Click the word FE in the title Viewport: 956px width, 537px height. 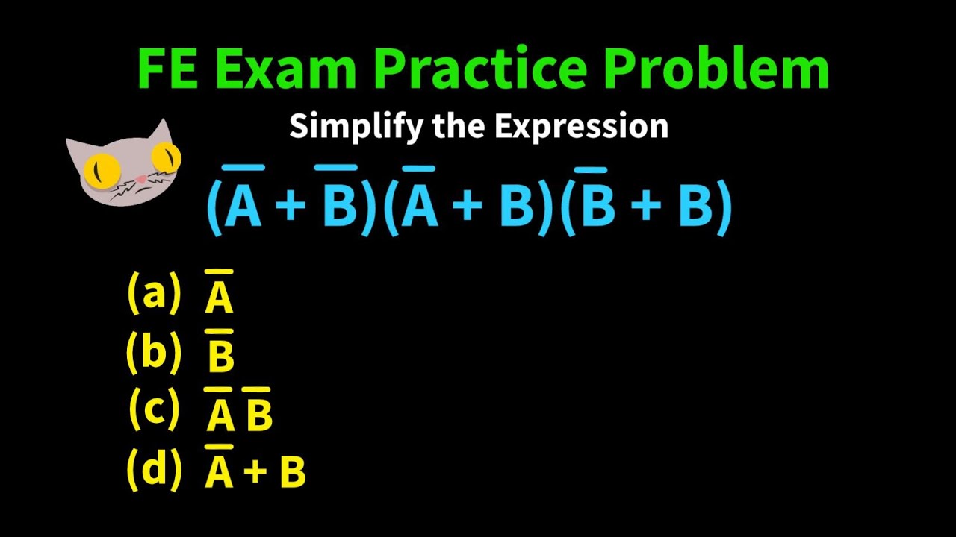tap(167, 69)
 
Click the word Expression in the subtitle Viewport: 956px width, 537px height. tap(581, 127)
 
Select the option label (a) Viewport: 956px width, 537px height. tap(154, 292)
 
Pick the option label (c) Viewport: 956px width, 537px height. tap(154, 409)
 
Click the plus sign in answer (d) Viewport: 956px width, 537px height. tap(255, 472)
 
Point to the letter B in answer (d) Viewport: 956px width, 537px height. tap(292, 472)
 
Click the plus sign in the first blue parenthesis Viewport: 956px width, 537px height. tap(292, 206)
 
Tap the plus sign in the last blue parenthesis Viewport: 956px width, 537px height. tap(647, 206)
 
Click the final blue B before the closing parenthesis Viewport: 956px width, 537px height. tap(695, 206)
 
